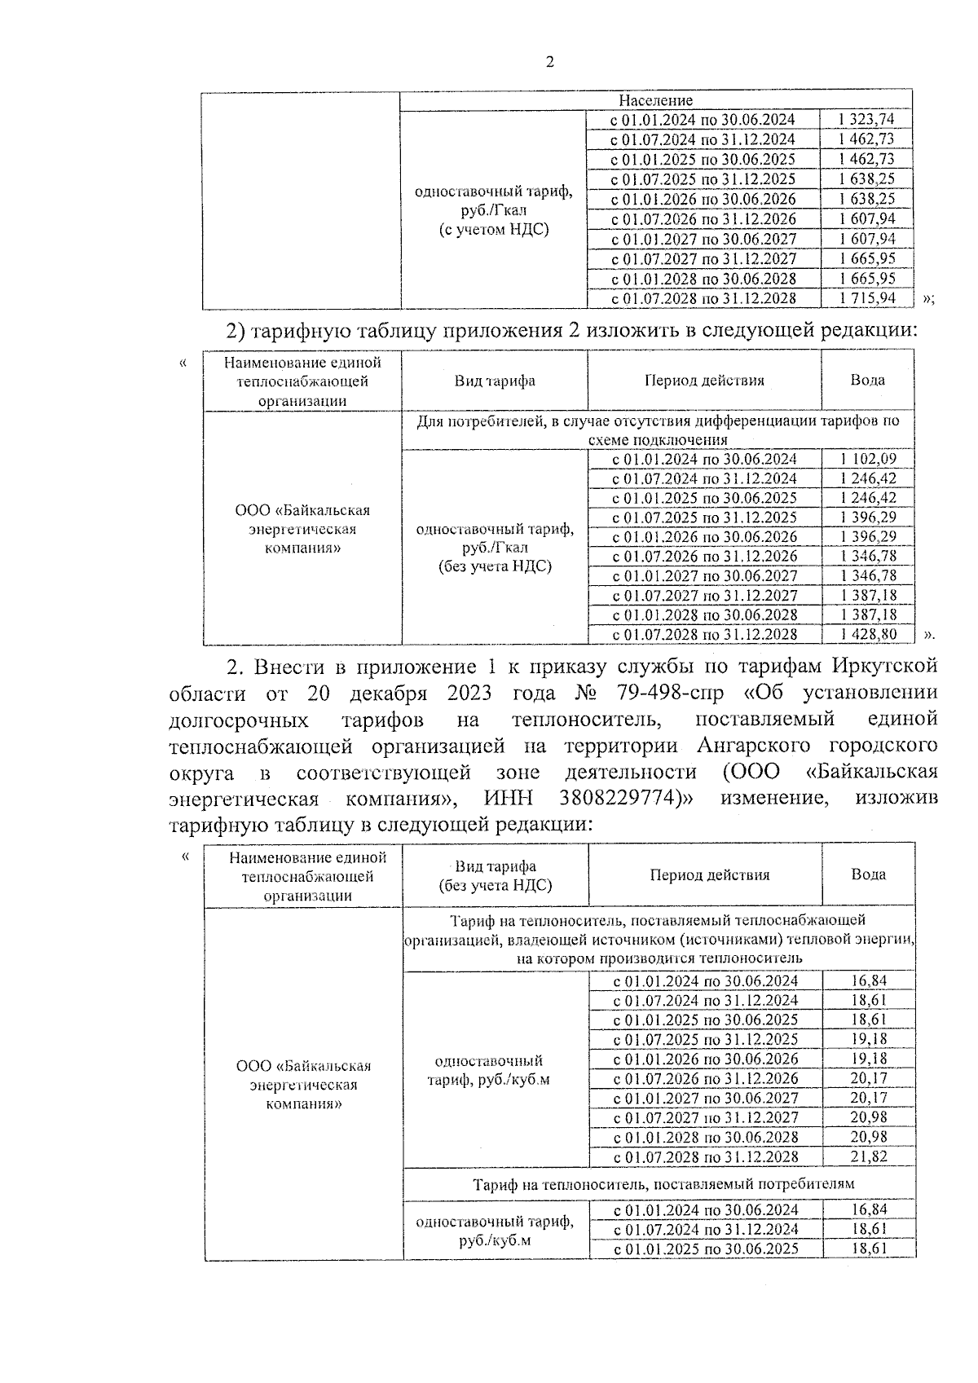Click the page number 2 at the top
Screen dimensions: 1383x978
point(549,63)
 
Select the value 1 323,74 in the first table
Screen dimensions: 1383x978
point(866,120)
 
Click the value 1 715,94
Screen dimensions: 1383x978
point(866,298)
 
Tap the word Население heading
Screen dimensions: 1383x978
point(655,100)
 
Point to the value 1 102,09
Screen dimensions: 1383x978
point(867,459)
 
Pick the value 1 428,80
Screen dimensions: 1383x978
point(867,634)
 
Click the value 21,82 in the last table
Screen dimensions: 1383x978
point(869,1156)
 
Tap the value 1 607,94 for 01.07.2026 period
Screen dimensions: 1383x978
point(866,219)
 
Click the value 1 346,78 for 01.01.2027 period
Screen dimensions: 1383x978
point(867,575)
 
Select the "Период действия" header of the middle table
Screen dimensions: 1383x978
point(704,381)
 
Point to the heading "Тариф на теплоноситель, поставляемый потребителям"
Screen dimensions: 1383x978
point(664,1183)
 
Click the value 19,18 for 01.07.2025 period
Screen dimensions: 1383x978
point(869,1039)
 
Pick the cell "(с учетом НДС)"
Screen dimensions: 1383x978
point(494,230)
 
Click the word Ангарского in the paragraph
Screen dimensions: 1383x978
point(752,745)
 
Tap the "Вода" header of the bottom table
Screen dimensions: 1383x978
point(869,874)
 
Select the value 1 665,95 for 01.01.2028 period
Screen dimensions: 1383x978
point(866,279)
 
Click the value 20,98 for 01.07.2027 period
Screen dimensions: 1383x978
point(869,1117)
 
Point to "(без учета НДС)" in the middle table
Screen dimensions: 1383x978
point(495,566)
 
